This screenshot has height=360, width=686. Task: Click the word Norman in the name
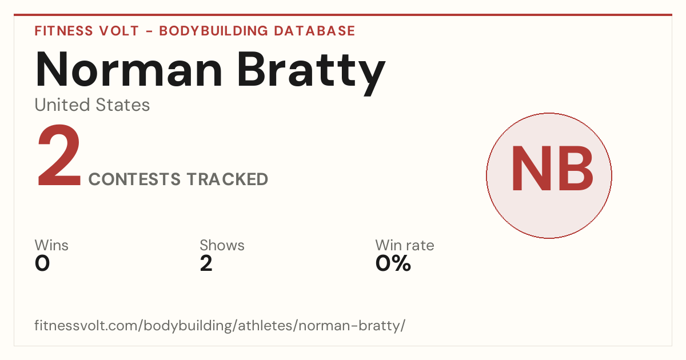click(x=129, y=69)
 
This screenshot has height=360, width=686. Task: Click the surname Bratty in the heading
click(x=311, y=74)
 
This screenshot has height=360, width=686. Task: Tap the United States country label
click(x=92, y=105)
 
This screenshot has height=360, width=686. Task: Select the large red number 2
click(x=59, y=155)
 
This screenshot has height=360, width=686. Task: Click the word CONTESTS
click(x=134, y=179)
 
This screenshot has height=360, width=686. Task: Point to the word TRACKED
click(x=228, y=179)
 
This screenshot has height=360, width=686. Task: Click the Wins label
click(x=51, y=245)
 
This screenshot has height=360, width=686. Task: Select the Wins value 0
click(x=42, y=263)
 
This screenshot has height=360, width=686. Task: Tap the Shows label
click(x=222, y=245)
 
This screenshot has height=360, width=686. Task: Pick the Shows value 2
click(x=206, y=263)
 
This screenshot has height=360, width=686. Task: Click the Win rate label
click(x=405, y=245)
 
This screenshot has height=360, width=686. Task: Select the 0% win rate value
click(x=393, y=263)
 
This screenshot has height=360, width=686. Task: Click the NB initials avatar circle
click(x=549, y=175)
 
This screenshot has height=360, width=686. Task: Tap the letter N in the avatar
click(x=532, y=169)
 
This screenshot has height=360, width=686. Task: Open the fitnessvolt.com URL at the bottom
click(x=220, y=325)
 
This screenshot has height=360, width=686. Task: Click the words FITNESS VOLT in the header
click(x=87, y=31)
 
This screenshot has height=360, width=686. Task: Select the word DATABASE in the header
click(x=314, y=31)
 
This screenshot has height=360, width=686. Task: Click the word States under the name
click(x=123, y=105)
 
